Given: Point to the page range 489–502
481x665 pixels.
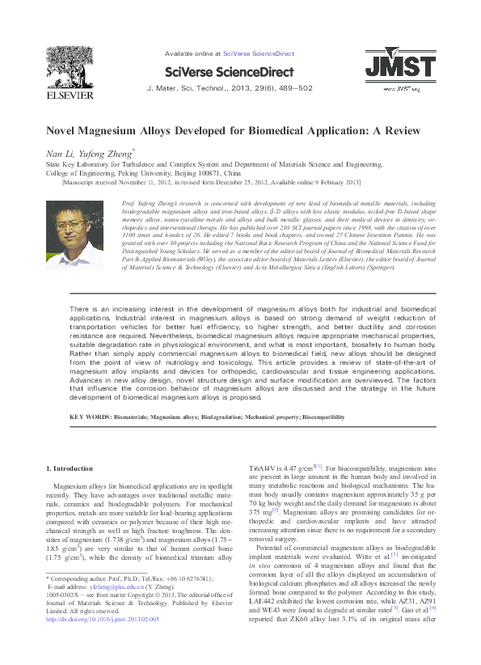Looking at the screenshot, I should click(x=294, y=87).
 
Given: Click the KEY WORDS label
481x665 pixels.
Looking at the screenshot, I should click(x=90, y=417).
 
